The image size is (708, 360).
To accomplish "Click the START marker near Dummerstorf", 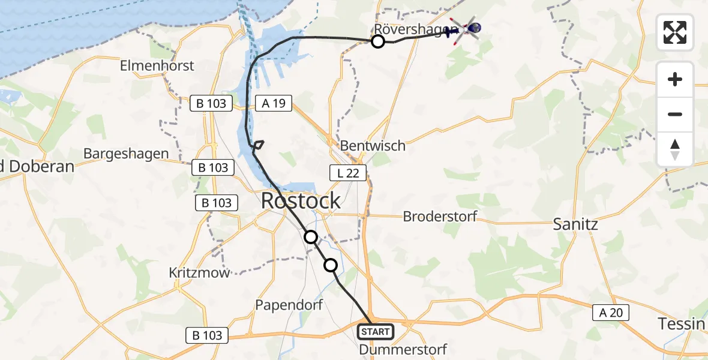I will [x=376, y=331].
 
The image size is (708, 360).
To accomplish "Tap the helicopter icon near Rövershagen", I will [x=464, y=29].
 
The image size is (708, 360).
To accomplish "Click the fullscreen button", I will [x=675, y=32].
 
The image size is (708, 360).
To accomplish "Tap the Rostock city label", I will [x=301, y=201].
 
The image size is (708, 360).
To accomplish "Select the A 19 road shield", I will [x=274, y=103].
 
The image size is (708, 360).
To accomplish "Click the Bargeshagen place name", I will [x=126, y=154].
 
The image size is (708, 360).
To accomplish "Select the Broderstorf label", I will [x=440, y=216].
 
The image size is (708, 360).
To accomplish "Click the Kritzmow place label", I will [x=199, y=273].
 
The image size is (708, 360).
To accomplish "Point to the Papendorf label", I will [x=289, y=305].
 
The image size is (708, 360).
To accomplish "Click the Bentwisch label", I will [x=373, y=146].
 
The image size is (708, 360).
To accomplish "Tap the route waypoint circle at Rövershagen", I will [x=378, y=41].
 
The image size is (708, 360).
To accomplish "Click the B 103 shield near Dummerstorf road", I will [x=208, y=335].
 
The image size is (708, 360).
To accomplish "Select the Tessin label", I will [x=682, y=324].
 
